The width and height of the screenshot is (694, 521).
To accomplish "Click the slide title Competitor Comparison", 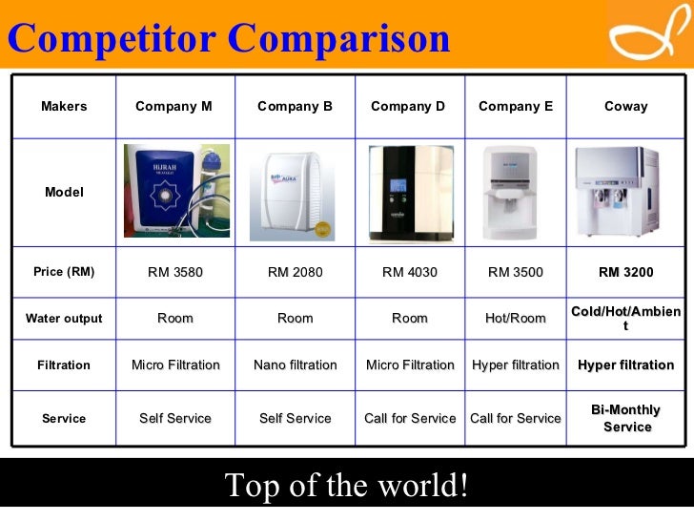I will point(229,38).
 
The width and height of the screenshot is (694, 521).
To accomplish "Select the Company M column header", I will point(173,107).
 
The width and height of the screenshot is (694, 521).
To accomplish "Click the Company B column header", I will point(295,107).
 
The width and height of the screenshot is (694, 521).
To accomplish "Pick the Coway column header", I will point(625,107).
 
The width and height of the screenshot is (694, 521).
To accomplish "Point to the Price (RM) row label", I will point(64,272).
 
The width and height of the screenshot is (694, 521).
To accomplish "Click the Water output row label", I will point(64,319).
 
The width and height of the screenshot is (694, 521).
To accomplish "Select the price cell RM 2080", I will point(295,272).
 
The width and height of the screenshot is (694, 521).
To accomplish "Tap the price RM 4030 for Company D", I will point(409,272).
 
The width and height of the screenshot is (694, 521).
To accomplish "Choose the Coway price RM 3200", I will point(625,272).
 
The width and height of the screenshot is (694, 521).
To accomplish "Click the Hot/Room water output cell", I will point(515,319).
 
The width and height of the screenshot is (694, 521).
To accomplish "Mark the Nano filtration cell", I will point(295,365).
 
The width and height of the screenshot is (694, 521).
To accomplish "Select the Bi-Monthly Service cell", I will point(625,418).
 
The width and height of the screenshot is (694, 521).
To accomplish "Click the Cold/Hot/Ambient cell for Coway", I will point(625,319).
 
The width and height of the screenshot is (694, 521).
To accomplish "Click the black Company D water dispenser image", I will point(410,192).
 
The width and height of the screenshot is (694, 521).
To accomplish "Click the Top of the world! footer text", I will point(347,487).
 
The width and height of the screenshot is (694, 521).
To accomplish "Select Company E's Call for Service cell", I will point(515,418).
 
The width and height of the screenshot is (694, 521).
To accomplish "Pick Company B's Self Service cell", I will point(295,418).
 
